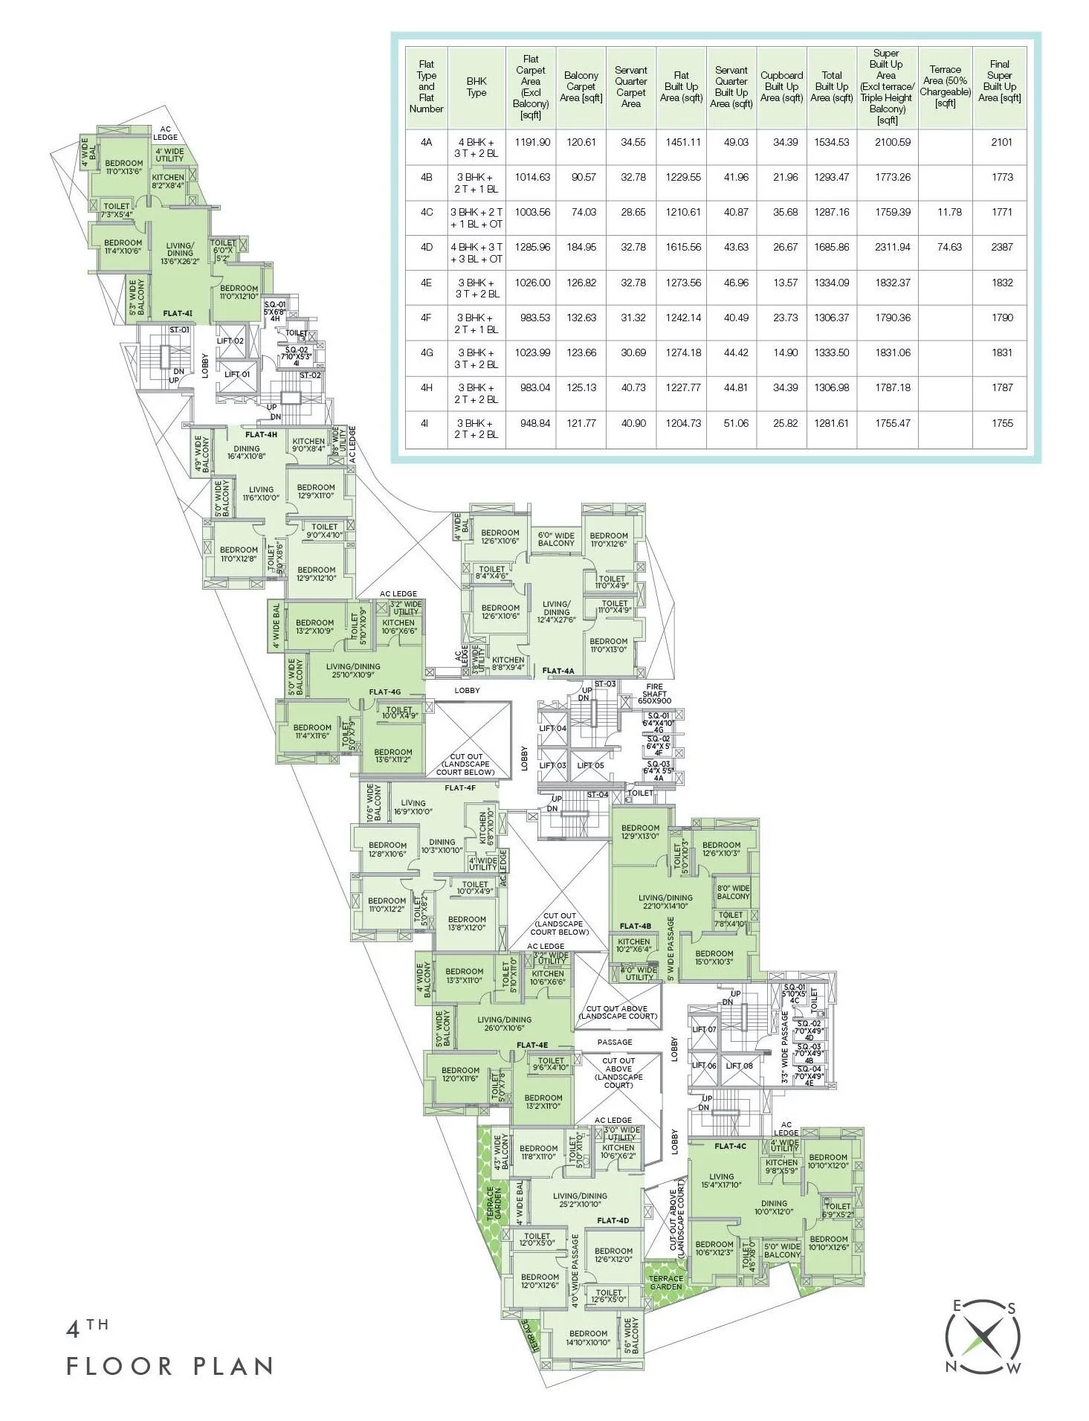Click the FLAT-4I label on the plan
pos(178,314)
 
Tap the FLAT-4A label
pos(558,671)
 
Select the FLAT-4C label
pos(730,1146)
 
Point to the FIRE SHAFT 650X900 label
pos(654,694)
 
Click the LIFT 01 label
pos(237,374)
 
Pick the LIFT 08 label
pos(739,1066)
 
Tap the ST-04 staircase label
pos(597,794)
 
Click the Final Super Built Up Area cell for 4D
pos(1001,247)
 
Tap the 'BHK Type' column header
pos(476,86)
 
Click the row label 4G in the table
pos(426,352)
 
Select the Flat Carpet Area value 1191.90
pos(532,141)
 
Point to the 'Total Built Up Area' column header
pos(832,86)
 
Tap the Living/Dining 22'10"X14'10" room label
pos(665,901)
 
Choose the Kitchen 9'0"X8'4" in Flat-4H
pos(308,445)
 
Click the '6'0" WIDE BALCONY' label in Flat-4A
pos(556,539)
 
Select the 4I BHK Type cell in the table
pos(476,428)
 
